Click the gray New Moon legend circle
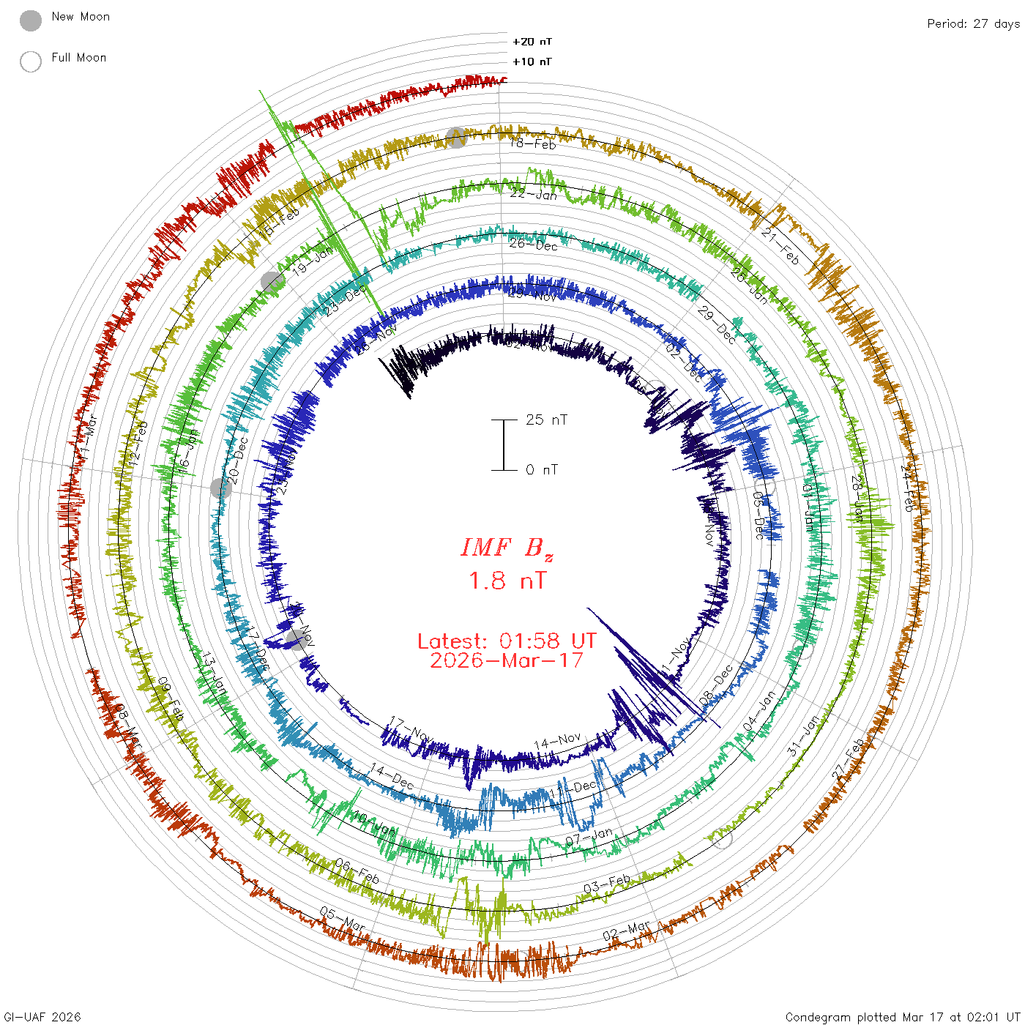click(x=31, y=21)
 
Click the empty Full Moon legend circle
click(x=31, y=61)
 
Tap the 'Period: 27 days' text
click(x=973, y=23)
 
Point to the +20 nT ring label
click(x=532, y=42)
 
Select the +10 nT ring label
click(x=532, y=61)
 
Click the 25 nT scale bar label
click(x=546, y=420)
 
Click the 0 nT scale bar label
click(x=542, y=469)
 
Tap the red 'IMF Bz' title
click(x=507, y=548)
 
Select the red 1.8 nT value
click(x=507, y=581)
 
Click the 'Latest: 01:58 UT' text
click(x=507, y=641)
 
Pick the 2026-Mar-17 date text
click(x=507, y=660)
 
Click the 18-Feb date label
click(x=533, y=143)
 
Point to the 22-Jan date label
click(x=533, y=194)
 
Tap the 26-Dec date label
click(x=533, y=245)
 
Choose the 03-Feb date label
click(x=607, y=884)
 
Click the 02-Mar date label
click(x=626, y=932)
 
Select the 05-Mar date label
click(x=342, y=919)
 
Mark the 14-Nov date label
click(x=557, y=742)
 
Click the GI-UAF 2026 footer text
click(x=41, y=1017)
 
